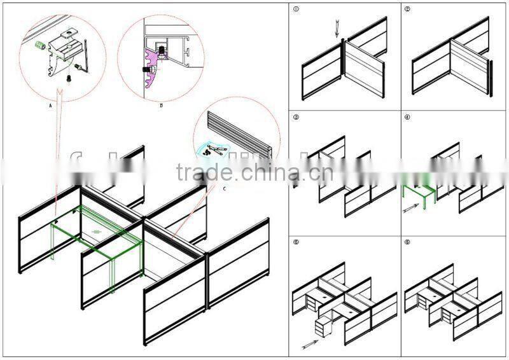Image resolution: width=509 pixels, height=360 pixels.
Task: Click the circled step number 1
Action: [296, 10]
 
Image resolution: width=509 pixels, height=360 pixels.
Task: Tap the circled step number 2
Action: [407, 10]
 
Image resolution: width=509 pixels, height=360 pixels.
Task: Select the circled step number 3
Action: [296, 118]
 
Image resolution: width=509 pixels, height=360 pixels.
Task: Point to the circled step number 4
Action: [407, 118]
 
